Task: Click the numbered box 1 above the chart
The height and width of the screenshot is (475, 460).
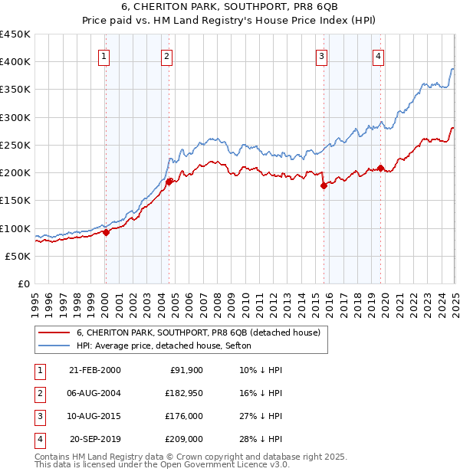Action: coord(103,54)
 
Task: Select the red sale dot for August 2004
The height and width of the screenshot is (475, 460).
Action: coord(169,182)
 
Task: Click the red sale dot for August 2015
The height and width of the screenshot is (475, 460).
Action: coord(324,185)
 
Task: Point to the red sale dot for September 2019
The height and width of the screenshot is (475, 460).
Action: coord(381,168)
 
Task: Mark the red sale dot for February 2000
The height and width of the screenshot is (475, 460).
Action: coord(106,233)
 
